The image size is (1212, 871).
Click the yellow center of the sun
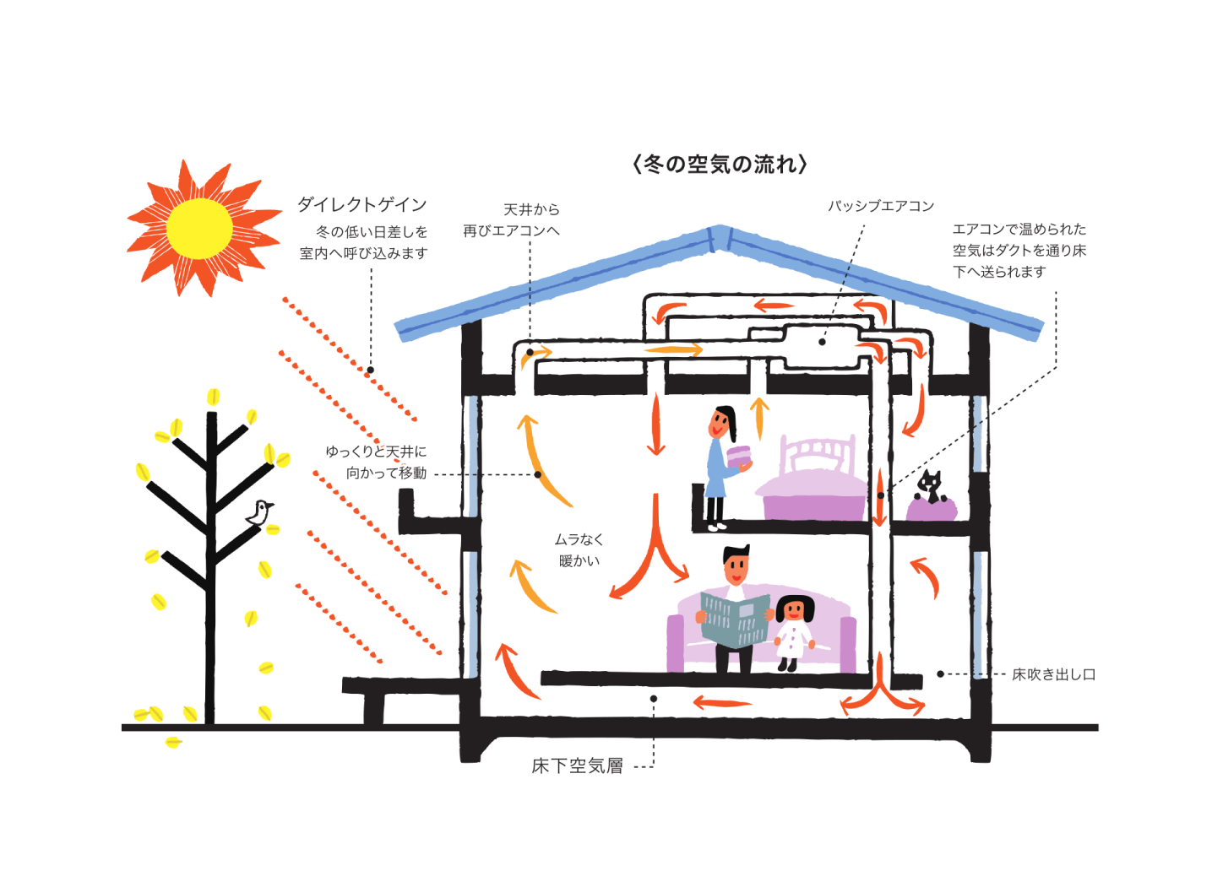(x=199, y=228)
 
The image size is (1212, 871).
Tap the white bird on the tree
(x=260, y=511)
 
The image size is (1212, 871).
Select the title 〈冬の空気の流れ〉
(x=720, y=164)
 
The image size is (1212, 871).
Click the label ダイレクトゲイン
(x=361, y=204)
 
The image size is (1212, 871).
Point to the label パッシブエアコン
(x=880, y=206)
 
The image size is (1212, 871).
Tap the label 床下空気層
(x=578, y=766)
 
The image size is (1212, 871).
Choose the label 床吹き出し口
(x=1053, y=674)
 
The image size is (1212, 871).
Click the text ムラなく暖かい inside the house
(x=579, y=549)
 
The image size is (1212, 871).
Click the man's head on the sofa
(x=736, y=563)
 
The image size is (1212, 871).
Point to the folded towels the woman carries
(x=739, y=458)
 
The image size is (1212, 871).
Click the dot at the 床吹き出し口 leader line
(x=940, y=674)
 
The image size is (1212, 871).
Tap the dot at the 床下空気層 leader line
(x=654, y=699)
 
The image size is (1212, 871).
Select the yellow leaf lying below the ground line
(x=173, y=742)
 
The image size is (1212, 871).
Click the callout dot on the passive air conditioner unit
(x=822, y=342)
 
